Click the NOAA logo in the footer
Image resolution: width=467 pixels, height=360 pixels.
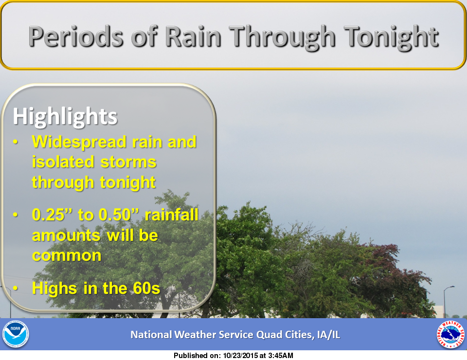16,334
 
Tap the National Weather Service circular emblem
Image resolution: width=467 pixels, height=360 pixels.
450,334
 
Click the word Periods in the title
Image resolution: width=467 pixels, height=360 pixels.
76,36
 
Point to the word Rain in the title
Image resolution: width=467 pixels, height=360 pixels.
193,36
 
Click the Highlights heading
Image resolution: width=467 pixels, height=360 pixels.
65,116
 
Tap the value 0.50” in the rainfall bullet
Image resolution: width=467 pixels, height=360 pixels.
119,214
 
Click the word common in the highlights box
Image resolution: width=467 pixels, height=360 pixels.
67,256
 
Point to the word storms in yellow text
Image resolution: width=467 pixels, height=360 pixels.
128,162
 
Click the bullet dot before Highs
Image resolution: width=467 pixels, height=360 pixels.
16,288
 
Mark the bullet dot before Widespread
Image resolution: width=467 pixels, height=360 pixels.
16,142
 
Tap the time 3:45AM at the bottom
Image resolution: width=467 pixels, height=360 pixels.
281,356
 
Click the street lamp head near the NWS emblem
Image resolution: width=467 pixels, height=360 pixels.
450,287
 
